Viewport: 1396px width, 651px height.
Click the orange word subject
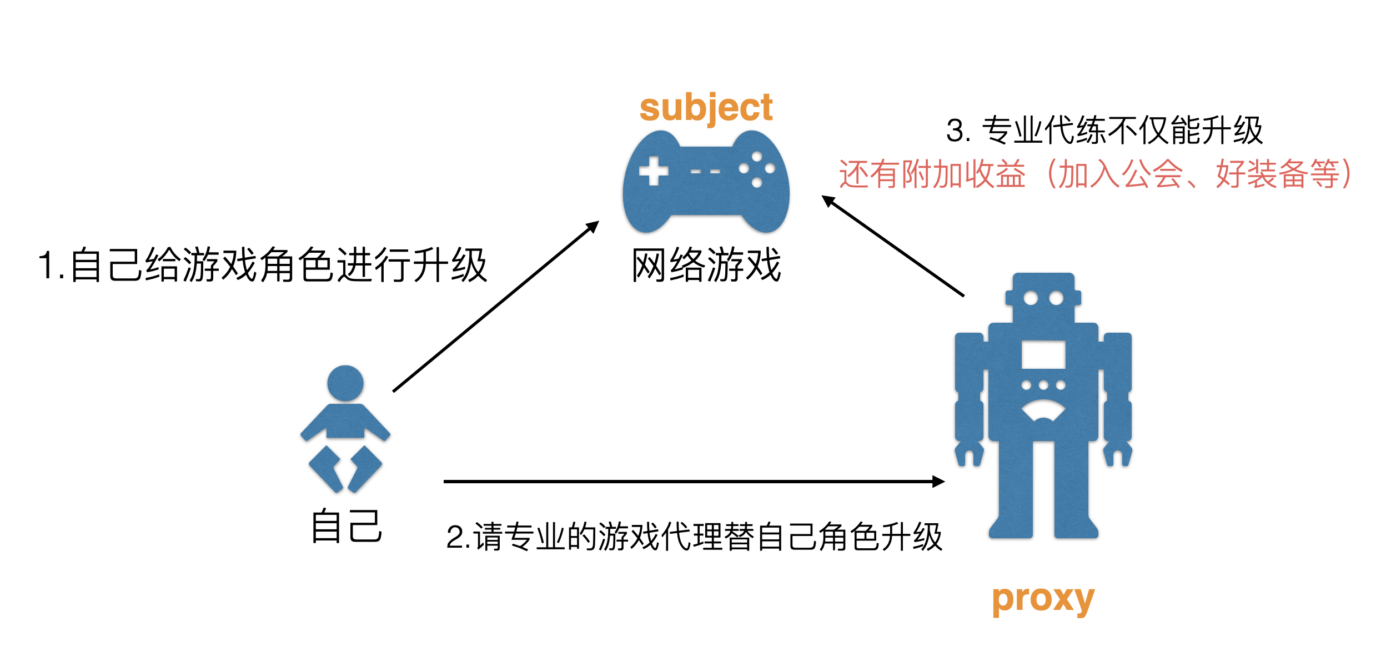706,108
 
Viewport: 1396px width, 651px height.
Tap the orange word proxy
1043,600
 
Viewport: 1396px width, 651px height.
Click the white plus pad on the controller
654,171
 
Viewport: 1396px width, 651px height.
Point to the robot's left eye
1031,298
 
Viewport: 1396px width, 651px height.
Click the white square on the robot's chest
1043,355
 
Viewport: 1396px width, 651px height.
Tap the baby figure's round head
345,383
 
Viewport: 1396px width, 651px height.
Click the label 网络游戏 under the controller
706,265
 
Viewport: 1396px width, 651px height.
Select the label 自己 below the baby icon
347,526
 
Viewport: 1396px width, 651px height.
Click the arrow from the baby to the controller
494,307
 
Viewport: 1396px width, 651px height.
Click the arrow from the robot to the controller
892,246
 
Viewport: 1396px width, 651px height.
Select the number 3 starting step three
955,132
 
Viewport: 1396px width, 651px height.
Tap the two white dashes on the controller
705,172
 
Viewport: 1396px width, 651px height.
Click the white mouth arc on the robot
1043,411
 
